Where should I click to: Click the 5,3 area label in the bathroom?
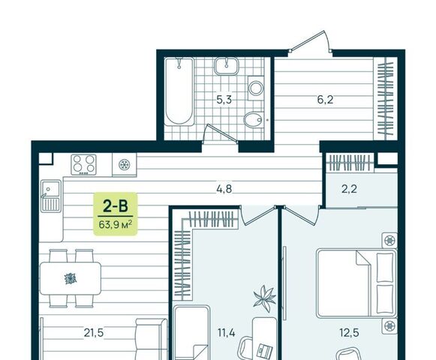224,100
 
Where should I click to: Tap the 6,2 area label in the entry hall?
325,100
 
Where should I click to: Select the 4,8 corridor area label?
224,189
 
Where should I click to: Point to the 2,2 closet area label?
349,189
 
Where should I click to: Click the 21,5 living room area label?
94,332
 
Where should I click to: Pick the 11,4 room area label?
227,332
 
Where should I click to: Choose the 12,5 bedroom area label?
349,332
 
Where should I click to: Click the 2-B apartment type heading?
115,206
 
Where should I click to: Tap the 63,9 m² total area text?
115,224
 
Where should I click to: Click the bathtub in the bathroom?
179,91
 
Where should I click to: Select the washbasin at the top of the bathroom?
227,66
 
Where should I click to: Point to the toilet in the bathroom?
254,120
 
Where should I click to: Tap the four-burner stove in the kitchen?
84,164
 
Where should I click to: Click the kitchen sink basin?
51,188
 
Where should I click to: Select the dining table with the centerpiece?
71,278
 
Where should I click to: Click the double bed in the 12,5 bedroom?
356,283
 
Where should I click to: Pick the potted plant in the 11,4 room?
265,298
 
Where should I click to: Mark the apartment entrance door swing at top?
311,41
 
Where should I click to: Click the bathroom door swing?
221,134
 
